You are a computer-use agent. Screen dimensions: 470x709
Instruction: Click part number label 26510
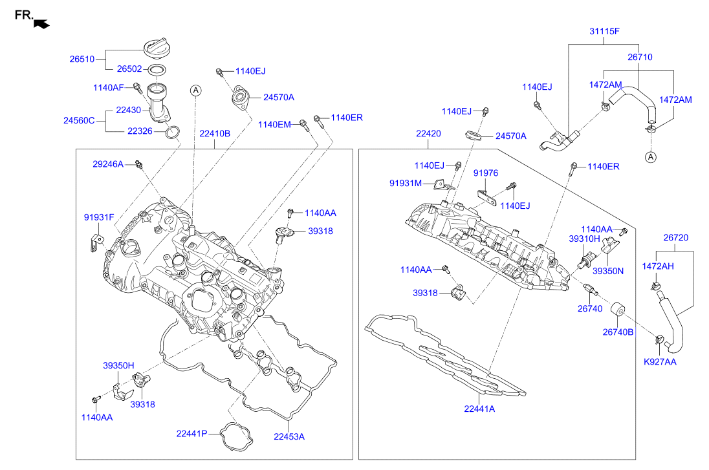click(x=82, y=59)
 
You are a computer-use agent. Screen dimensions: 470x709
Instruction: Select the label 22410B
click(x=215, y=134)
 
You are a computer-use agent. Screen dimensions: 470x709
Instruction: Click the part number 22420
click(x=428, y=134)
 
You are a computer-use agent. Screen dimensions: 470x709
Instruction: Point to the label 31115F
click(x=604, y=31)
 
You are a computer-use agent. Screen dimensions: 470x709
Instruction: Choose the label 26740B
click(x=618, y=332)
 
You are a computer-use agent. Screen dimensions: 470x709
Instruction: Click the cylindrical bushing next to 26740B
click(x=619, y=311)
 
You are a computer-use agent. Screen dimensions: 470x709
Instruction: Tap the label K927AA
click(x=660, y=361)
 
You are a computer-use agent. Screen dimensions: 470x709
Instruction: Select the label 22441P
click(x=191, y=433)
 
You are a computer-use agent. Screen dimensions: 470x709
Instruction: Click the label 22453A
click(x=289, y=436)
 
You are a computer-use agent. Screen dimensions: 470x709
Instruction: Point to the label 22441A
click(x=479, y=408)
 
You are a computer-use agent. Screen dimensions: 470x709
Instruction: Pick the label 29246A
click(x=107, y=164)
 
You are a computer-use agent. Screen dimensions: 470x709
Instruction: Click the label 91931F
click(x=98, y=217)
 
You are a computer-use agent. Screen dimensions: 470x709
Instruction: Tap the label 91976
click(x=485, y=173)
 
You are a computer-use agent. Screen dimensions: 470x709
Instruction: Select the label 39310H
click(x=585, y=239)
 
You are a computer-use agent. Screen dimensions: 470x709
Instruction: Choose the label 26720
click(x=675, y=237)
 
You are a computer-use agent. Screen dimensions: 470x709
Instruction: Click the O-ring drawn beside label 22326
click(x=171, y=133)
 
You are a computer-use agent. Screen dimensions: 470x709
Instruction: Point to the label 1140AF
click(x=108, y=86)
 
